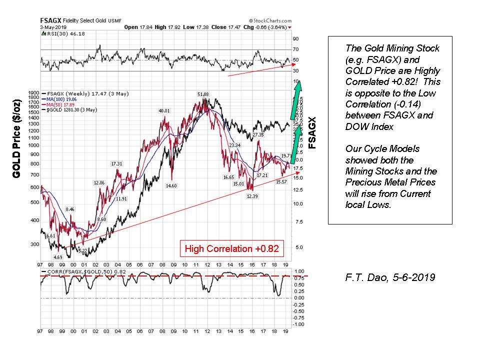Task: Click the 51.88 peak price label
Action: tap(203, 94)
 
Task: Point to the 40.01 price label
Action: tap(164, 111)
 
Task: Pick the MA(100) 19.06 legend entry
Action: tap(62, 98)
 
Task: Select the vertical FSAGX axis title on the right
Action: tap(312, 133)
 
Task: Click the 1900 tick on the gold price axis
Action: tap(34, 93)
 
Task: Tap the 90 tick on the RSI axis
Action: tap(296, 38)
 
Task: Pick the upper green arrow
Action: tap(296, 98)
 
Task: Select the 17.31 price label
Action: tap(116, 163)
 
